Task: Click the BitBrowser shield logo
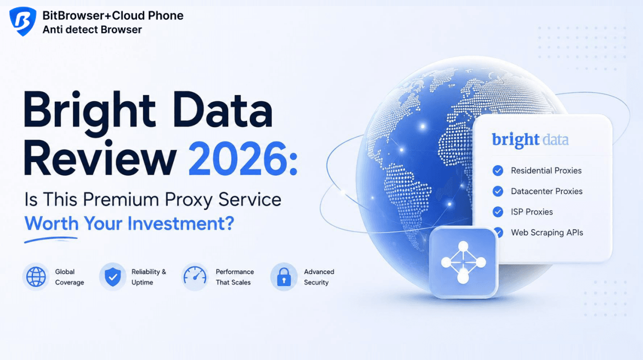pos(23,21)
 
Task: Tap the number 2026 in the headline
pos(237,159)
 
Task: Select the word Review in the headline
pos(100,158)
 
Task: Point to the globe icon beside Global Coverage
pos(36,277)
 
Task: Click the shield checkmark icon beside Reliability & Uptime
pos(113,277)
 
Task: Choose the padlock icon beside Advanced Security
pos(284,277)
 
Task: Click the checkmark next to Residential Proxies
pos(498,171)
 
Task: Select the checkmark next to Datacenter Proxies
pos(498,191)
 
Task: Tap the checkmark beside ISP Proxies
pos(498,212)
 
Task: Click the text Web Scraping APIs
pos(547,233)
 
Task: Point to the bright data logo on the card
pos(530,140)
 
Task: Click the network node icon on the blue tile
pos(463,262)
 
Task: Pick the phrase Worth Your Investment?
pos(129,224)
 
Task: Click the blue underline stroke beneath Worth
pos(51,240)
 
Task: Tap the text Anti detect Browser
pos(92,30)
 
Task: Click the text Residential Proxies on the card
pos(546,171)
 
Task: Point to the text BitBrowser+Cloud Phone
pos(113,16)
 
